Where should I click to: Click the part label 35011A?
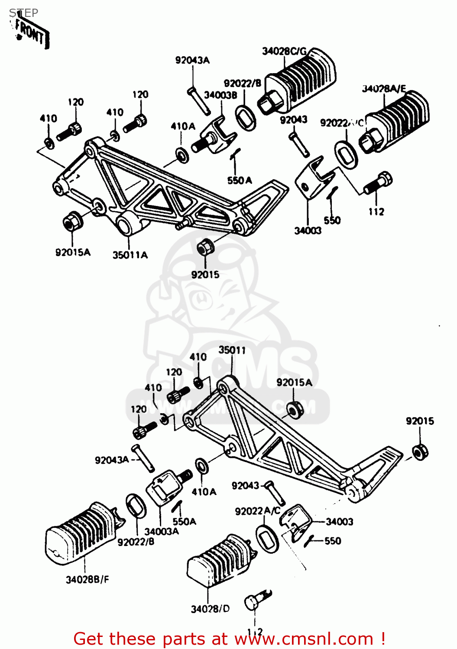(130, 255)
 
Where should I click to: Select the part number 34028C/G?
(284, 51)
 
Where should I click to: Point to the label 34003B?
(220, 95)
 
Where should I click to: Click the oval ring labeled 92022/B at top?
(246, 117)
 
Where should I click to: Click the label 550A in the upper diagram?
(240, 180)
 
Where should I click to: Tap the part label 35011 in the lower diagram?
(232, 350)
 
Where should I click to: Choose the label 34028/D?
(210, 609)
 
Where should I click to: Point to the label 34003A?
(161, 532)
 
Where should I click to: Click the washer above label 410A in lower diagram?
(201, 466)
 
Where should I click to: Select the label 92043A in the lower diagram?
(112, 460)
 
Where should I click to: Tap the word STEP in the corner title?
(23, 13)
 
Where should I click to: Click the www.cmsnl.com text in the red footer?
(303, 639)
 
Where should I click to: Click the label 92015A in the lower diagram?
(294, 382)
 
